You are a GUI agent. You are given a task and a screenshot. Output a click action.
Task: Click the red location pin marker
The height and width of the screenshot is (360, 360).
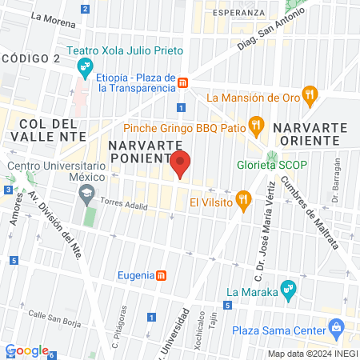point(181,165)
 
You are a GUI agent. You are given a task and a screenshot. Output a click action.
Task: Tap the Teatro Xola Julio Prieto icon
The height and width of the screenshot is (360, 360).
point(87,65)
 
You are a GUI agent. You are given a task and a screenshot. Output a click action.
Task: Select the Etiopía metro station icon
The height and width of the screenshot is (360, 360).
point(183,82)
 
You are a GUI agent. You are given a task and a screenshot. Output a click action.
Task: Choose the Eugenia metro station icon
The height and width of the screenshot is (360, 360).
point(162,275)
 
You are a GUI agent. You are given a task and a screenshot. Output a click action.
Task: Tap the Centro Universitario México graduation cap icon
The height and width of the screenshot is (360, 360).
point(85,193)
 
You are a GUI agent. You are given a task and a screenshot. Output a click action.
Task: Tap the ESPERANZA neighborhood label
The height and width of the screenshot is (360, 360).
point(239,12)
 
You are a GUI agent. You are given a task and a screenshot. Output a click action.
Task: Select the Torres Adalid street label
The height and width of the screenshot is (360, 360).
point(122,205)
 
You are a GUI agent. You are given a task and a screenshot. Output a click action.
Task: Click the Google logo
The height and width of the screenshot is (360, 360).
point(27,350)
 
